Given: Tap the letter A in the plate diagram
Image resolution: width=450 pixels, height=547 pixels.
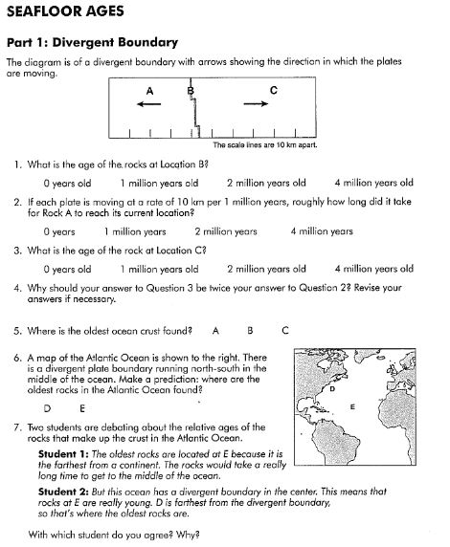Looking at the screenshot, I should click(x=148, y=90).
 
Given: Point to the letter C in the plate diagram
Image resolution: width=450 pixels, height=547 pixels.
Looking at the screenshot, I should click(x=274, y=90).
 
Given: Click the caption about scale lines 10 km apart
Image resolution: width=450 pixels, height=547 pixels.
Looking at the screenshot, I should click(x=264, y=145).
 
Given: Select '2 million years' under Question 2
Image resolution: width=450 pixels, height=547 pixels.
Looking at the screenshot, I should click(x=226, y=231).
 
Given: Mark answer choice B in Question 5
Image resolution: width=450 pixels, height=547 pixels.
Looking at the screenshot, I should click(x=249, y=330).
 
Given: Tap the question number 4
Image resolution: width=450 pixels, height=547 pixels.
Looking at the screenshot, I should click(x=18, y=287).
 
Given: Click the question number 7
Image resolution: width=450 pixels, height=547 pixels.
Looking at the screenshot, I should click(x=18, y=427).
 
